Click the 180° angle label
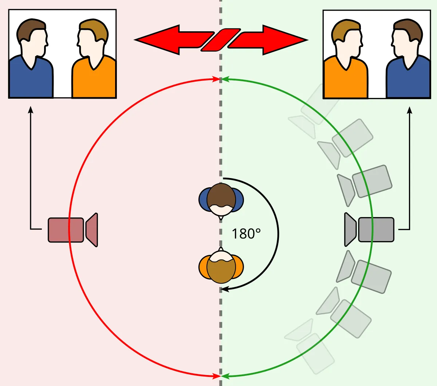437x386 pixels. tap(246, 233)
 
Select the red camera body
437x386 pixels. tap(66, 230)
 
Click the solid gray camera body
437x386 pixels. tap(376, 229)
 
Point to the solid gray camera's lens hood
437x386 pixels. tap(350, 229)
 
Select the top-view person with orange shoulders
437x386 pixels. tap(221, 267)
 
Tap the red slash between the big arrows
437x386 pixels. tap(221, 40)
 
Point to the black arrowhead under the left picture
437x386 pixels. tap(31, 110)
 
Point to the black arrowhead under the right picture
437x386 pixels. tap(410, 110)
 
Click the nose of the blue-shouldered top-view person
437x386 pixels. tap(221, 217)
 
